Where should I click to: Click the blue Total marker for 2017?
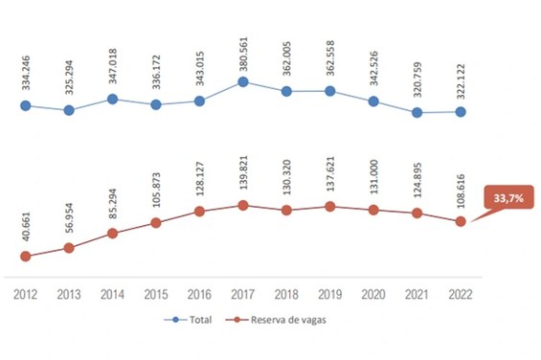click(243, 82)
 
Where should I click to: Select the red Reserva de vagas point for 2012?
click(26, 256)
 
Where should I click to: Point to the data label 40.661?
click(26, 225)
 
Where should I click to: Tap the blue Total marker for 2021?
click(417, 112)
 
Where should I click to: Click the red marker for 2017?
click(243, 205)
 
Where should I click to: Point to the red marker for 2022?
click(461, 221)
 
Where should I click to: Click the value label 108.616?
click(462, 189)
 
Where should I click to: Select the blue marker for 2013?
click(69, 110)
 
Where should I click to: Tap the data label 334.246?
click(26, 74)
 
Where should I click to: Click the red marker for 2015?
click(156, 223)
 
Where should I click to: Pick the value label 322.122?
click(462, 79)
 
